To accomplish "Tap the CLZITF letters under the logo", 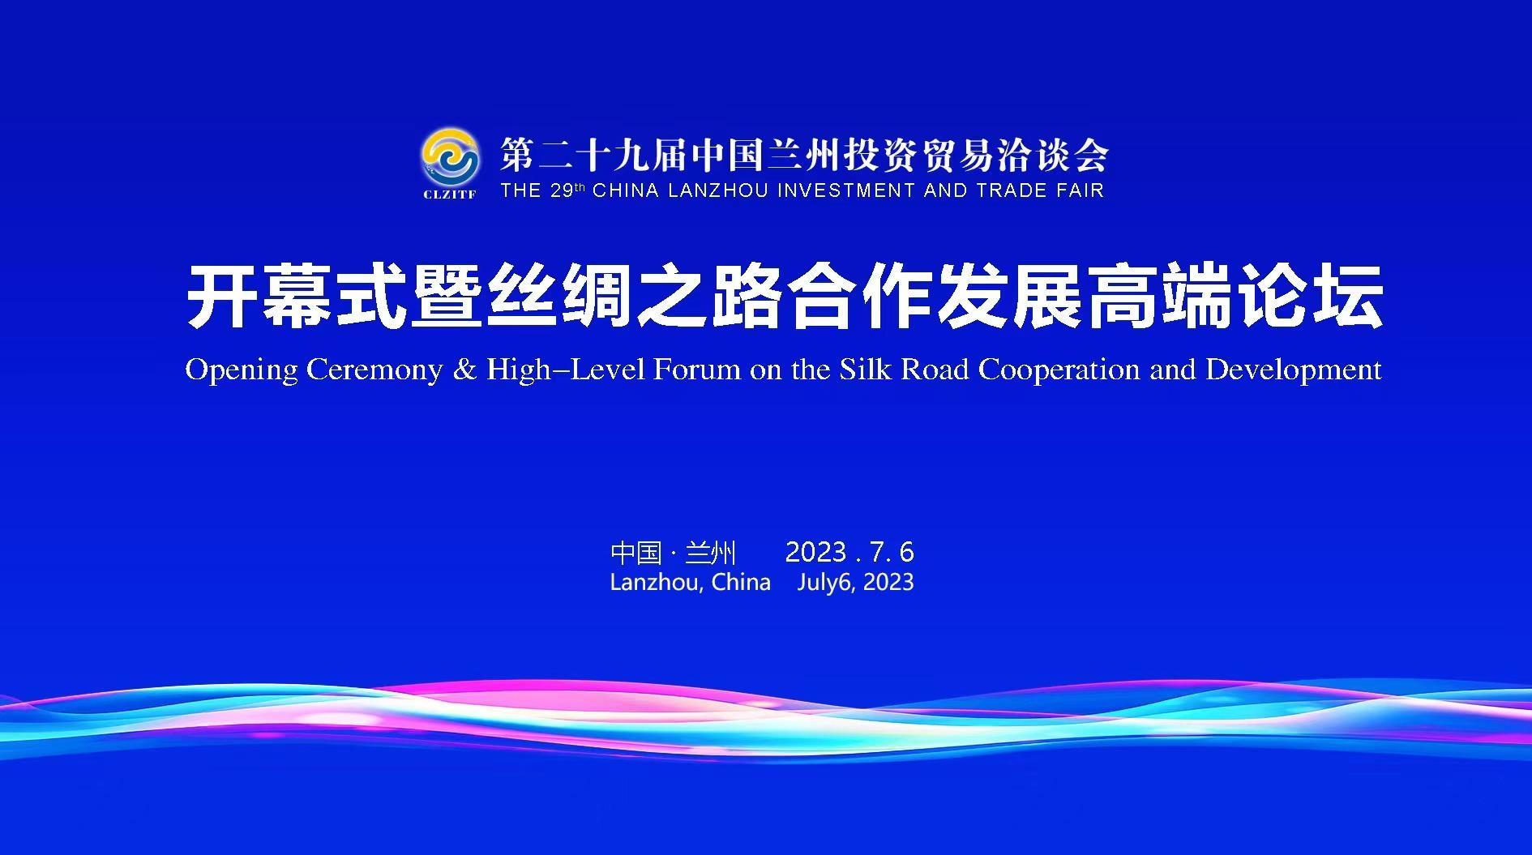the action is coord(449,195).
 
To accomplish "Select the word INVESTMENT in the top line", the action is coord(846,190).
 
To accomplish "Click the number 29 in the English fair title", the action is coord(561,190).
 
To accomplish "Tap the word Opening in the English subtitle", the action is coord(242,370).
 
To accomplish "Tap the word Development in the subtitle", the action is coord(1294,370).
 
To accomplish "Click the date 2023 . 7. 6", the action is coord(849,553).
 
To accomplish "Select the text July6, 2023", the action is coord(855,583).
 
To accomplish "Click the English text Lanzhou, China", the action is coord(690,583).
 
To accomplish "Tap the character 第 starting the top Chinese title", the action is coord(516,155).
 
